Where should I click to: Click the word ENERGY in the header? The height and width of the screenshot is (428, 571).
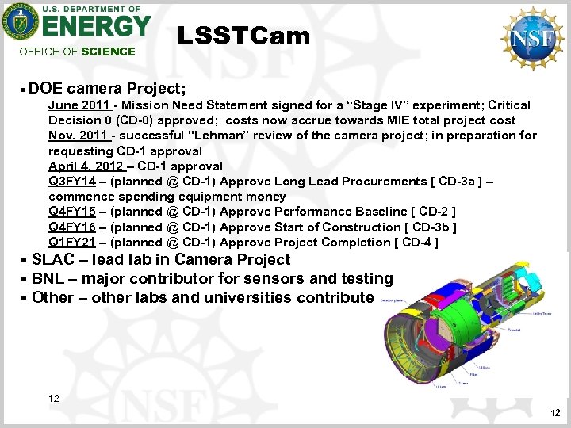point(97,26)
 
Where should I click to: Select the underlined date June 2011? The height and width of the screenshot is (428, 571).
point(79,105)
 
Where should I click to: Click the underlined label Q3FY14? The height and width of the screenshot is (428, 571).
point(72,182)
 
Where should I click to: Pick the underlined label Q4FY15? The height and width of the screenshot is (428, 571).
point(72,212)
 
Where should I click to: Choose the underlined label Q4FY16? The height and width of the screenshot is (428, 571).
point(72,227)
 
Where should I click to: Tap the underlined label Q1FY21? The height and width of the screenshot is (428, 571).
point(72,242)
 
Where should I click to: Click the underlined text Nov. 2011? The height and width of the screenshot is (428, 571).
point(79,136)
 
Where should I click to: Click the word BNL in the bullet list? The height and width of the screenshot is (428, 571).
point(49,279)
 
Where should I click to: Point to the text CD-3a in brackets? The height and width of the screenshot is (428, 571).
point(455,182)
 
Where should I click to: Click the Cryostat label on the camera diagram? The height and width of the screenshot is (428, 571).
point(514,330)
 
